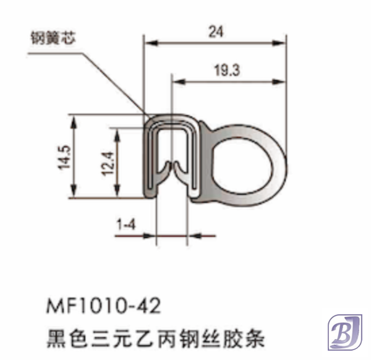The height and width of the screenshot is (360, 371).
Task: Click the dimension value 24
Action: (x=215, y=32)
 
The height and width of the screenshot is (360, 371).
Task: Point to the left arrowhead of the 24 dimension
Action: (x=148, y=43)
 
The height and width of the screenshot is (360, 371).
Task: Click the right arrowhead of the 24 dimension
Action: (x=285, y=43)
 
